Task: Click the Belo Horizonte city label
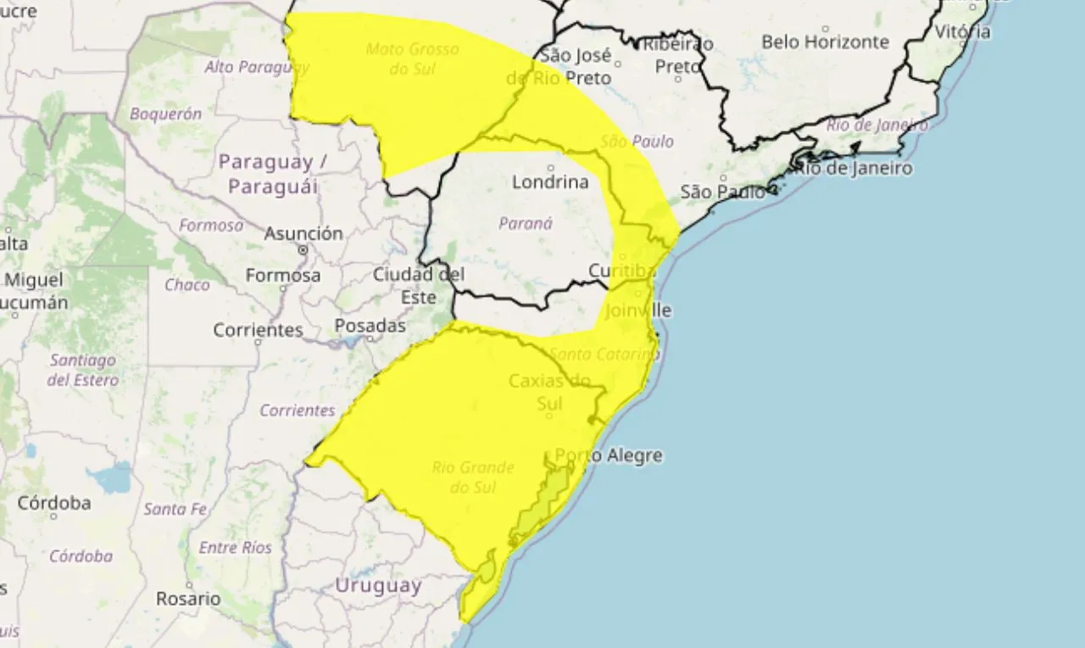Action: pyautogui.click(x=825, y=42)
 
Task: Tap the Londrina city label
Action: pyautogui.click(x=550, y=182)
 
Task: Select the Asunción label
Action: pyautogui.click(x=303, y=233)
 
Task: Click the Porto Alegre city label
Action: pyautogui.click(x=609, y=455)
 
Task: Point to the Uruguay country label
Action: pyautogui.click(x=378, y=585)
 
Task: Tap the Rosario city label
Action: pyautogui.click(x=188, y=599)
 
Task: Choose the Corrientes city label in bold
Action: pyautogui.click(x=258, y=330)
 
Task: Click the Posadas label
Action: pyautogui.click(x=370, y=326)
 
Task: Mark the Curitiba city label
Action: pyautogui.click(x=622, y=271)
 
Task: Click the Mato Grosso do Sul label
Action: pyautogui.click(x=412, y=59)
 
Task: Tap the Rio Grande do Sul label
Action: pyautogui.click(x=473, y=478)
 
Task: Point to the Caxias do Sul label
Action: pyautogui.click(x=549, y=392)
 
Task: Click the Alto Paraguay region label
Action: pyautogui.click(x=250, y=66)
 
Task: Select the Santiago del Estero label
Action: pyautogui.click(x=83, y=370)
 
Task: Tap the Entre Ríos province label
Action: pyautogui.click(x=236, y=548)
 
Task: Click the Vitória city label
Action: pyautogui.click(x=962, y=32)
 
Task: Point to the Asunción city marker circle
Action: pyautogui.click(x=303, y=250)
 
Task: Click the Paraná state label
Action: pyautogui.click(x=526, y=224)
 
